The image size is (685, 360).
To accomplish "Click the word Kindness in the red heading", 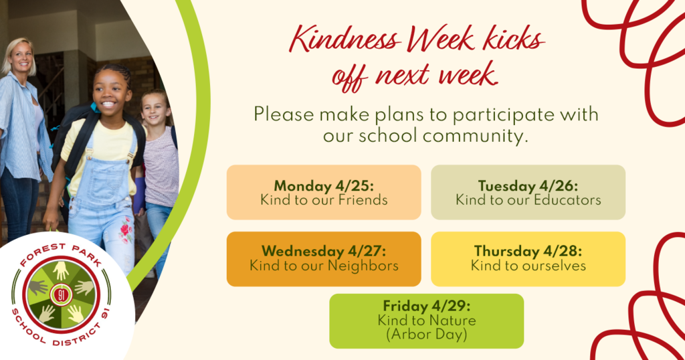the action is coord(345,40).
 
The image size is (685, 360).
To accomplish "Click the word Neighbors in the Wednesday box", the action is coord(363,266).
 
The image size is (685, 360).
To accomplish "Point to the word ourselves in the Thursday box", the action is coord(551,266).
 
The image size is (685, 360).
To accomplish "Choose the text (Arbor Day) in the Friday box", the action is coord(426,334).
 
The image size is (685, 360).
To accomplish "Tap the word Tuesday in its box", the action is coord(507,186).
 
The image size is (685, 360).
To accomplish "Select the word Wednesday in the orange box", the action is coord(303,251).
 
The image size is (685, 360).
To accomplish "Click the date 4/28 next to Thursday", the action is coord(563,251).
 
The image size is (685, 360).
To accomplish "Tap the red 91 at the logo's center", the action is coord(61,295).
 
